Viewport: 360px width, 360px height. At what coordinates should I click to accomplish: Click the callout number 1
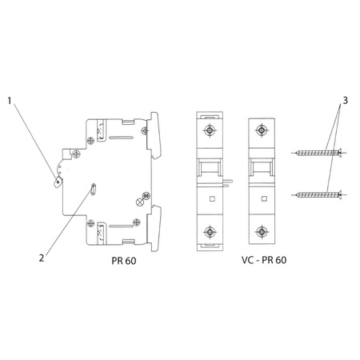(x=10, y=102)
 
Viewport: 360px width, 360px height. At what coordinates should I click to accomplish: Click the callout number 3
(x=345, y=102)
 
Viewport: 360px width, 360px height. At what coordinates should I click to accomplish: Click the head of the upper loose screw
(x=339, y=152)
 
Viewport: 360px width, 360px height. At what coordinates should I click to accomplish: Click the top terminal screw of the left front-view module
(x=209, y=130)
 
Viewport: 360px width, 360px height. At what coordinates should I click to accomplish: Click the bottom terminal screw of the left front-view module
(x=209, y=232)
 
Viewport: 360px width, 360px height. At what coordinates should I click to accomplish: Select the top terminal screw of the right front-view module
(x=262, y=130)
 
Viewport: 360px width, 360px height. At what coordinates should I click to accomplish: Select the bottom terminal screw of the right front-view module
(x=262, y=232)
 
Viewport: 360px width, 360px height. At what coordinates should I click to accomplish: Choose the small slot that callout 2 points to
(x=93, y=190)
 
